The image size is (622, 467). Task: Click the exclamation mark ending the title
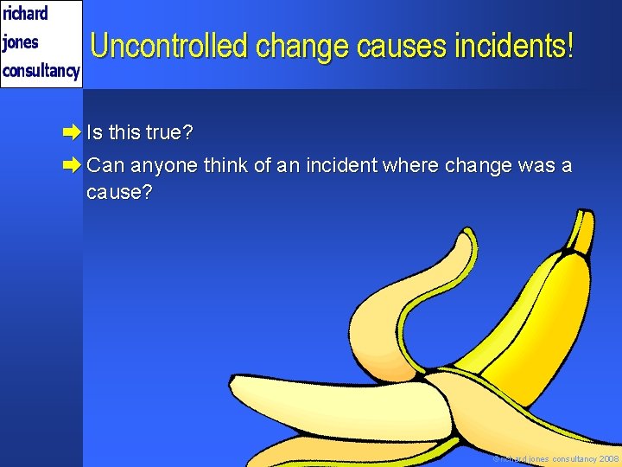click(x=569, y=46)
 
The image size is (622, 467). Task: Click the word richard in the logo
click(x=25, y=14)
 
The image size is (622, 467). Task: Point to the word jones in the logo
click(x=21, y=42)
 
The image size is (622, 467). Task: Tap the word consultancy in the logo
click(x=41, y=71)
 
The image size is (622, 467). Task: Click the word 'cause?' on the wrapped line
click(x=119, y=192)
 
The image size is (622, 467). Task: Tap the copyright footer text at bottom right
click(x=556, y=458)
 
